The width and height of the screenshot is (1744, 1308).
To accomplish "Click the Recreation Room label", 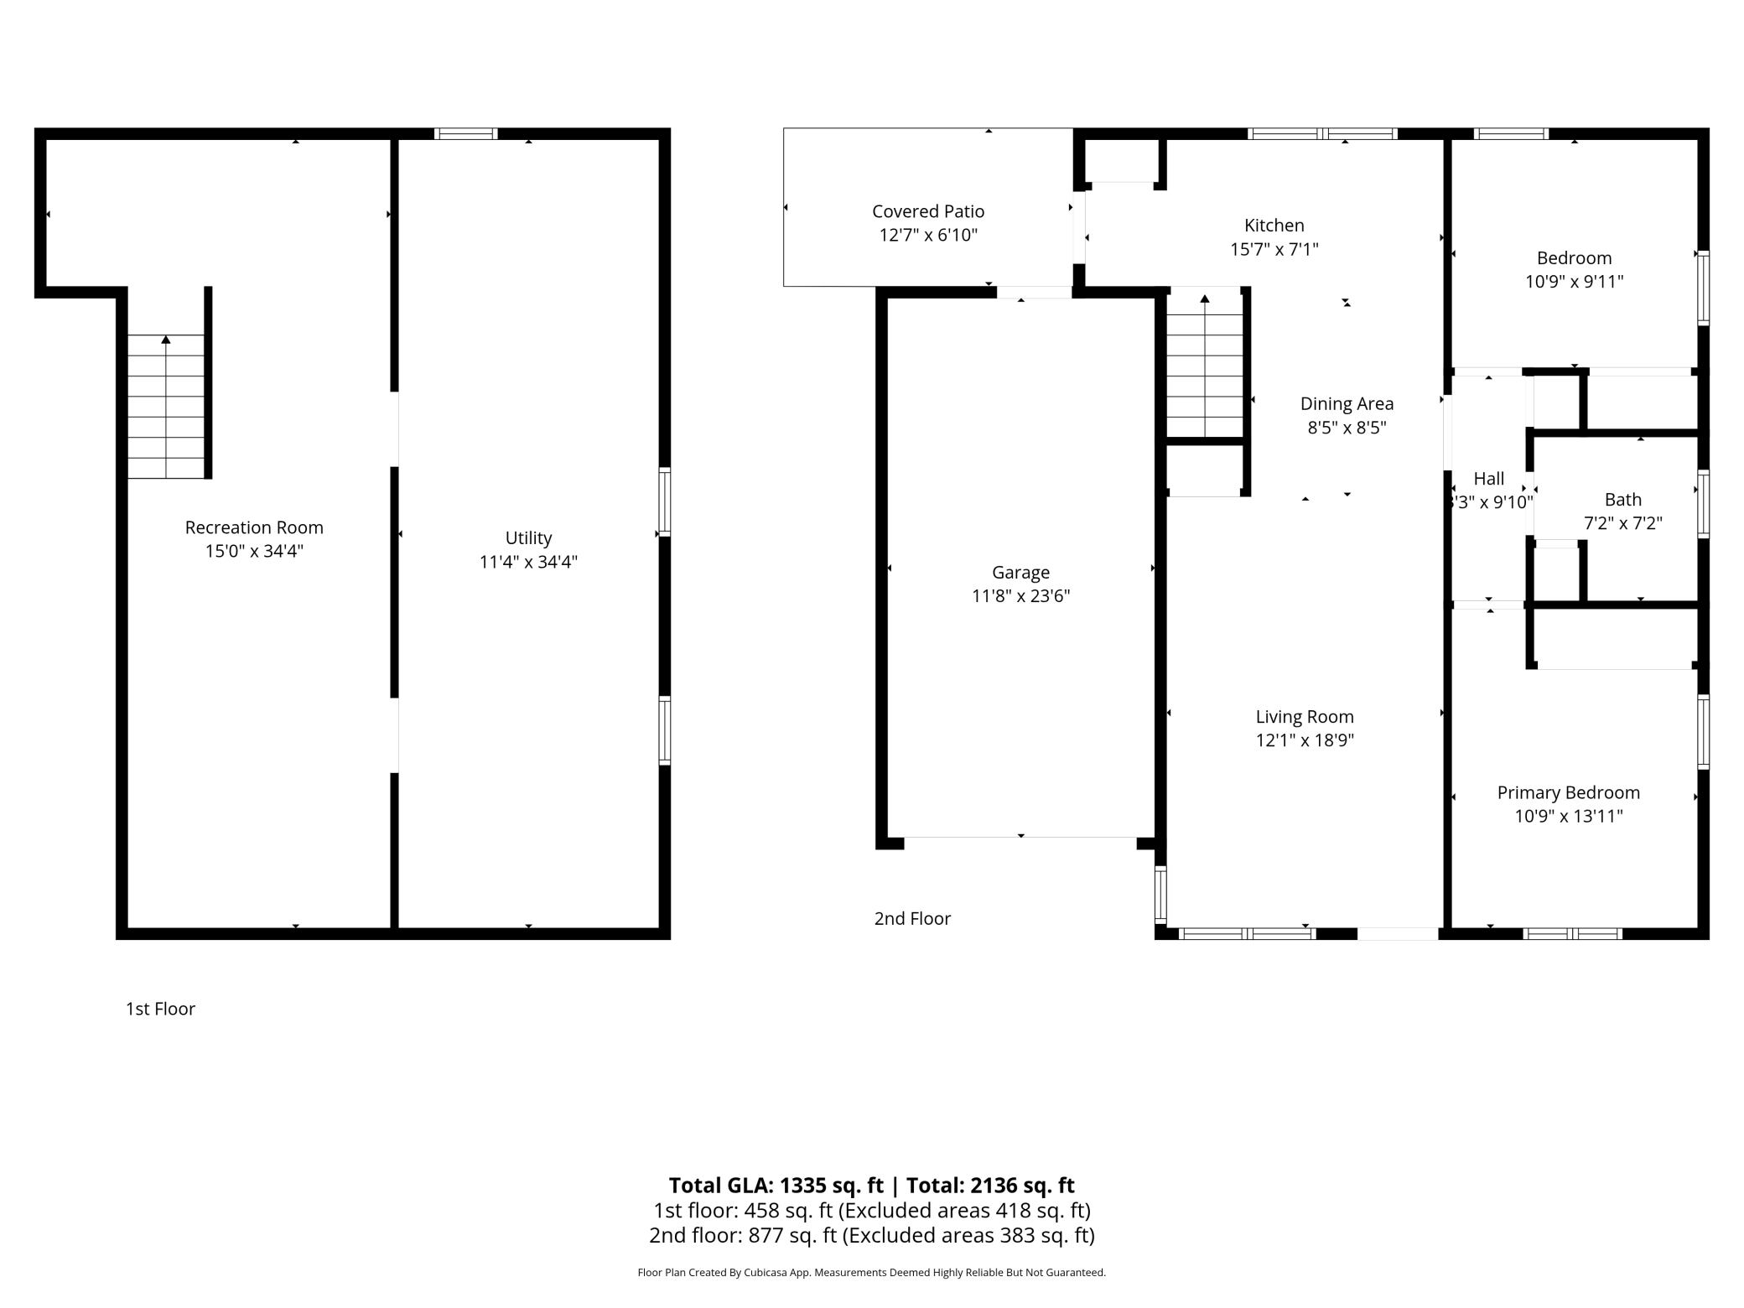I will click(x=254, y=527).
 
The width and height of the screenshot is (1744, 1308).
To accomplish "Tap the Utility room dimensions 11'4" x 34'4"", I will click(x=528, y=562).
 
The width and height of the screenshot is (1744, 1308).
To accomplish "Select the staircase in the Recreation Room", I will click(x=166, y=407).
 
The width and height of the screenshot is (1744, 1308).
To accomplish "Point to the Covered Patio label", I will click(x=928, y=211).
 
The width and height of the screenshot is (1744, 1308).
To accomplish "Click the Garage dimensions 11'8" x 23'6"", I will click(x=1020, y=596).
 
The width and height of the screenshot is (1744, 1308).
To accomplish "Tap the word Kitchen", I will click(x=1274, y=226).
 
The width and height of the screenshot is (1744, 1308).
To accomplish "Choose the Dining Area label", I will click(x=1347, y=404).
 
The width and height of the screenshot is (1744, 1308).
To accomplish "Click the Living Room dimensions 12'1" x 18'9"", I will click(x=1305, y=740).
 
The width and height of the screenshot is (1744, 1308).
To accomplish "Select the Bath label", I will click(x=1622, y=500).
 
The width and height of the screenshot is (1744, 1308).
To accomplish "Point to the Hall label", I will click(x=1488, y=479).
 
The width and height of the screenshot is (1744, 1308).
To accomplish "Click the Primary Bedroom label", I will click(x=1568, y=792).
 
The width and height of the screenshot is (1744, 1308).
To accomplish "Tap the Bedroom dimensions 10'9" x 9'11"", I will click(x=1574, y=282).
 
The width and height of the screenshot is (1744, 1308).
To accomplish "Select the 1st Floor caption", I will click(x=160, y=1009).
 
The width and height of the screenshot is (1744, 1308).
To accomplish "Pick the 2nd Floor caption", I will click(x=912, y=919).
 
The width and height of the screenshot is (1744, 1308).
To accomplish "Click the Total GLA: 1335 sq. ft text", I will click(x=776, y=1186).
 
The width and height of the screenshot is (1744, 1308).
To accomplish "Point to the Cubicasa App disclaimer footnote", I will click(x=871, y=1273).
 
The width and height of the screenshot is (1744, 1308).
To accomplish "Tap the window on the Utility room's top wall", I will click(x=466, y=133).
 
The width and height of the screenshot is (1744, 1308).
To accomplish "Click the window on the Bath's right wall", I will click(x=1703, y=504).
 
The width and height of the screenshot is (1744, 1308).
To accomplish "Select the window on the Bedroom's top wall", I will click(x=1511, y=133).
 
